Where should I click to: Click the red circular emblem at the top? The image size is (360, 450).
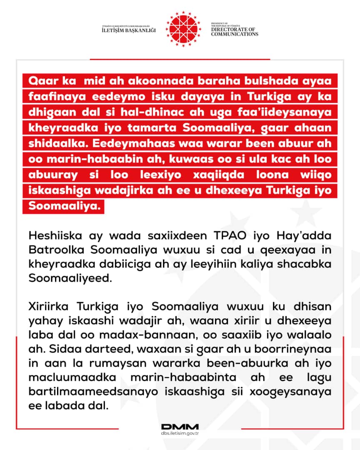tap(180, 29)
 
